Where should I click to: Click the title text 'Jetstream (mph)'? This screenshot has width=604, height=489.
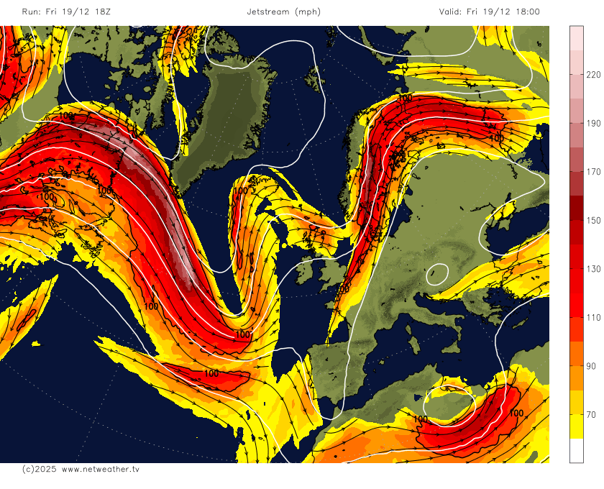(283, 12)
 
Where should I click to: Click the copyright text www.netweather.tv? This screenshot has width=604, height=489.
(81, 469)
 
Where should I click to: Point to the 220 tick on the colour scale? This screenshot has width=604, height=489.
(593, 74)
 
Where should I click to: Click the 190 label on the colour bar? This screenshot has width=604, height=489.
(593, 123)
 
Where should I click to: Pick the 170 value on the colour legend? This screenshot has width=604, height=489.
(593, 171)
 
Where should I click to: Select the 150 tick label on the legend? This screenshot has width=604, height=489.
(593, 220)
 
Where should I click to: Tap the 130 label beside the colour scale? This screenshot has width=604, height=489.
(593, 268)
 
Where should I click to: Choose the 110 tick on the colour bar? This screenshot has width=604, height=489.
(593, 317)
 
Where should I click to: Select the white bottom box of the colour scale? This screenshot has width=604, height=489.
(577, 450)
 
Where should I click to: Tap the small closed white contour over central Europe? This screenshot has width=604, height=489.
(436, 274)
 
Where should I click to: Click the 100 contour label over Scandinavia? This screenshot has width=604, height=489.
(405, 98)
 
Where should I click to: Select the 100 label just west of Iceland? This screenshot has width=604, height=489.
(241, 191)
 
